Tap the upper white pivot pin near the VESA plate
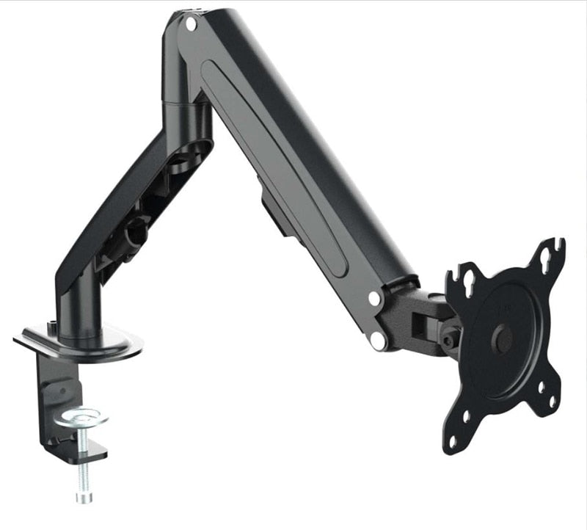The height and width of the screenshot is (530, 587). [375, 299]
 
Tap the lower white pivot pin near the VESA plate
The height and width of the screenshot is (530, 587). [379, 338]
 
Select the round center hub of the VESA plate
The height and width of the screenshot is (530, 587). [503, 337]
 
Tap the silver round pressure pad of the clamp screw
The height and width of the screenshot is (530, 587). [84, 418]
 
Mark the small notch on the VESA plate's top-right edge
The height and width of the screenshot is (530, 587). [562, 242]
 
